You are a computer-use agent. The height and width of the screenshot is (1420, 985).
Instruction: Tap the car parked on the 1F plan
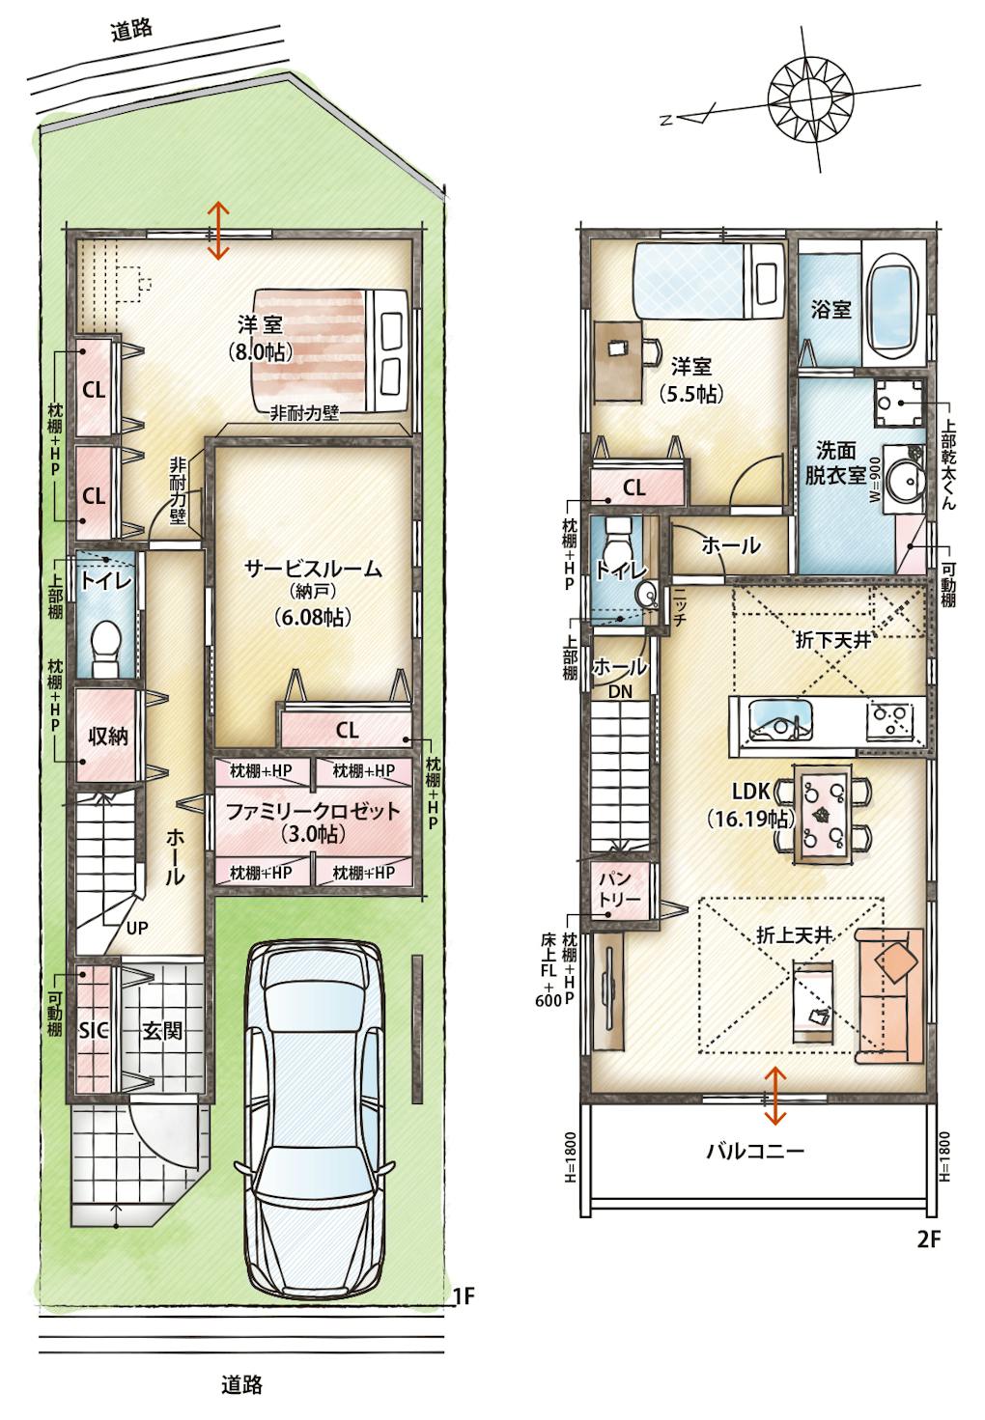coord(315,1118)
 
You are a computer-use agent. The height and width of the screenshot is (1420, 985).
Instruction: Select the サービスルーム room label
coord(313,569)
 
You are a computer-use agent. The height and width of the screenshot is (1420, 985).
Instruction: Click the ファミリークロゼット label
coord(313,812)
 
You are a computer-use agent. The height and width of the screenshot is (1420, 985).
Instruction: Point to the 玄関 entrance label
coord(161,1031)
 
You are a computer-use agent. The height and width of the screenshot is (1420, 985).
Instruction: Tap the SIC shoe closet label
coord(94,1031)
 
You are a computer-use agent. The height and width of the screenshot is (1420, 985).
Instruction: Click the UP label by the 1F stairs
coord(137,929)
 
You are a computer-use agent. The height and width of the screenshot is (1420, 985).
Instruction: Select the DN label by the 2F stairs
coord(620,691)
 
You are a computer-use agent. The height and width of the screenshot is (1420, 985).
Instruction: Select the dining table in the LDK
coord(822,814)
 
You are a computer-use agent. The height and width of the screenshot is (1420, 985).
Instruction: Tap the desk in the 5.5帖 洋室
coord(618,361)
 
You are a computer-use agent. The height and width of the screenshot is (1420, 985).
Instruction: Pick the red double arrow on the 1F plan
coord(218,231)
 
